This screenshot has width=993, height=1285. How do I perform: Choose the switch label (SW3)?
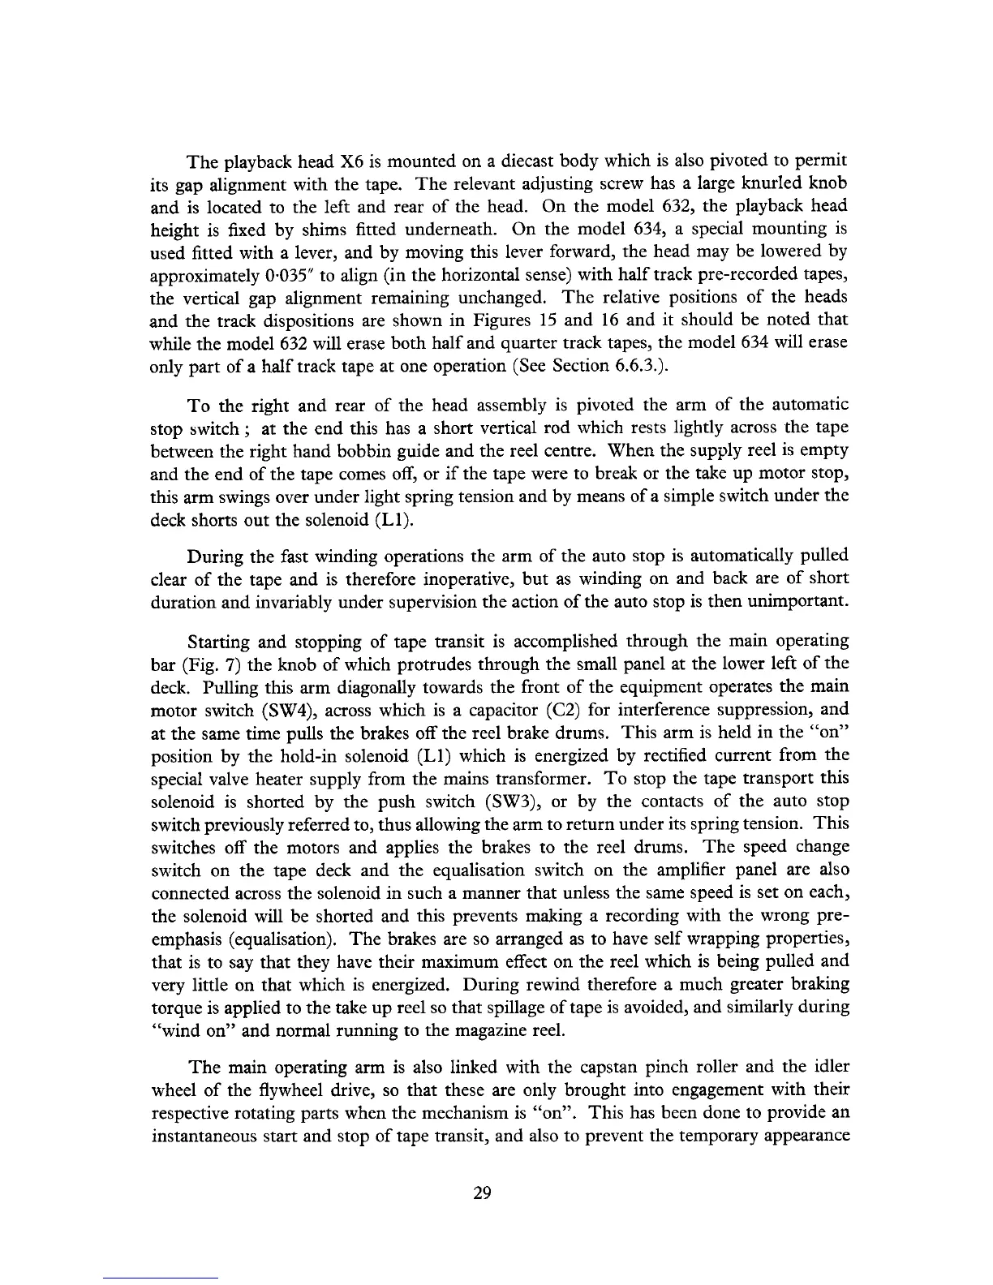(x=508, y=802)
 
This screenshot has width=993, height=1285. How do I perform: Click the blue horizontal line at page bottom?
(x=161, y=1278)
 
